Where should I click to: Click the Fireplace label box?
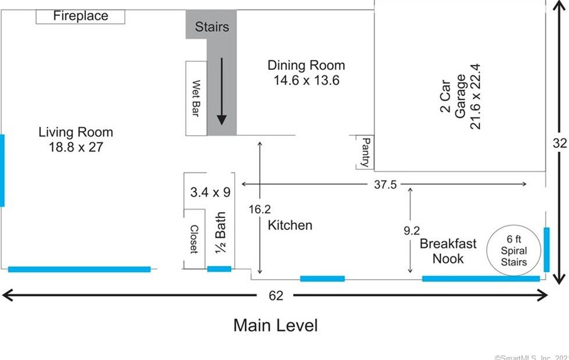click(80, 17)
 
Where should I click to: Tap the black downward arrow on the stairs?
click(222, 91)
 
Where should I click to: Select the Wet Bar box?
click(196, 98)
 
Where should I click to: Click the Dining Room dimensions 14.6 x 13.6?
click(306, 80)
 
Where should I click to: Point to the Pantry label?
click(366, 152)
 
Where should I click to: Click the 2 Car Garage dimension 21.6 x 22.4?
click(475, 97)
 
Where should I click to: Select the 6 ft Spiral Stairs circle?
click(514, 250)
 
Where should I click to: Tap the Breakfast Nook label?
click(448, 251)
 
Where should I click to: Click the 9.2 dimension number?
click(412, 231)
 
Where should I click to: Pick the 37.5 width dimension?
click(386, 184)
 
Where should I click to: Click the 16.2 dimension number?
click(260, 209)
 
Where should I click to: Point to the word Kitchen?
click(290, 225)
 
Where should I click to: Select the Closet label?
click(194, 239)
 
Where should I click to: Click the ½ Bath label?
click(220, 232)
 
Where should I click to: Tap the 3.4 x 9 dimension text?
click(210, 192)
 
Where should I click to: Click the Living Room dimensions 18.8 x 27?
click(76, 147)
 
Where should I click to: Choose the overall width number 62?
click(276, 296)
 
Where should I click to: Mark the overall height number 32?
click(560, 143)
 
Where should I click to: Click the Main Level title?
click(275, 325)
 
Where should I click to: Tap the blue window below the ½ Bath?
click(219, 269)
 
